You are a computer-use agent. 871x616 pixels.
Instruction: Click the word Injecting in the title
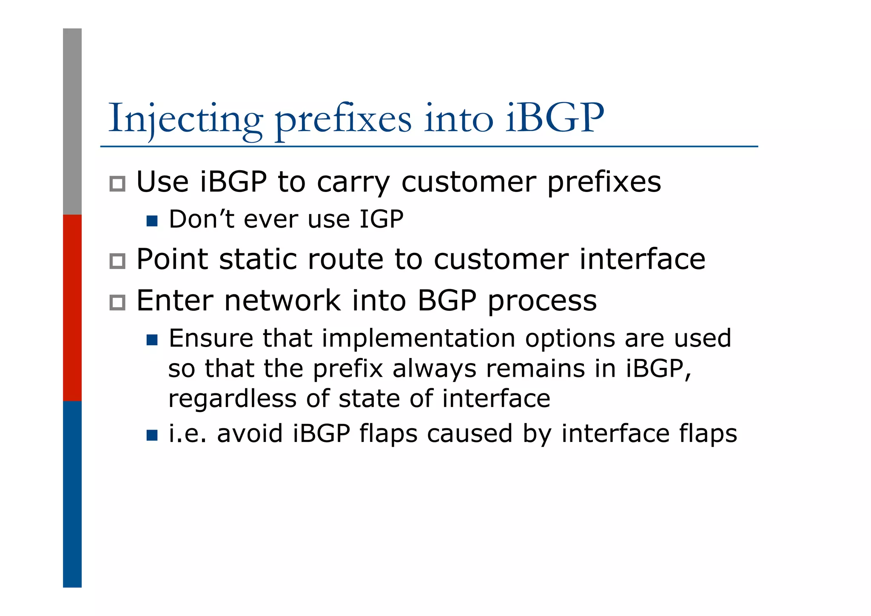185,119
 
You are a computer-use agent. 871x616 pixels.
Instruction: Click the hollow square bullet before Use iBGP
117,184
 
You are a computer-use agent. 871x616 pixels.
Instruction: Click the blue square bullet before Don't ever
152,221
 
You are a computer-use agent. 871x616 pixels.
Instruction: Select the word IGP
381,219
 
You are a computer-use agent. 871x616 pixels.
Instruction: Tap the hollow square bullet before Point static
117,261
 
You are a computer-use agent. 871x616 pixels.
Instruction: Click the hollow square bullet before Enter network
117,303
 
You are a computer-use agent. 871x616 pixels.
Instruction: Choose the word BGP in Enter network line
446,301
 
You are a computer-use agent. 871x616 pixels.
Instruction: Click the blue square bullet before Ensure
152,340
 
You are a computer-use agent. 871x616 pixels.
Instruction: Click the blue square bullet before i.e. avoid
152,435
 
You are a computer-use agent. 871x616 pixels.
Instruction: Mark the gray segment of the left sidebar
72,121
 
